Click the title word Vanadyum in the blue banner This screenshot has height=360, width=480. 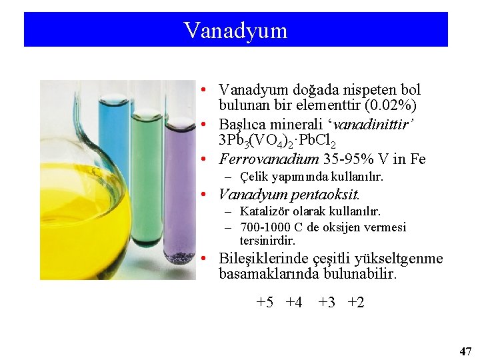click(x=235, y=30)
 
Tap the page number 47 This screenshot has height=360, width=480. click(x=465, y=351)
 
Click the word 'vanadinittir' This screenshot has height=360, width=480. click(x=374, y=124)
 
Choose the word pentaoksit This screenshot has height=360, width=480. click(x=325, y=195)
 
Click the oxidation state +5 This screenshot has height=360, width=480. click(x=265, y=302)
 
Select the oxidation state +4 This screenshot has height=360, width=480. click(x=293, y=302)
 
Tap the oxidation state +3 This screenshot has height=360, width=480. click(x=327, y=302)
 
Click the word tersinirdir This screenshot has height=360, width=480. click(x=267, y=241)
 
